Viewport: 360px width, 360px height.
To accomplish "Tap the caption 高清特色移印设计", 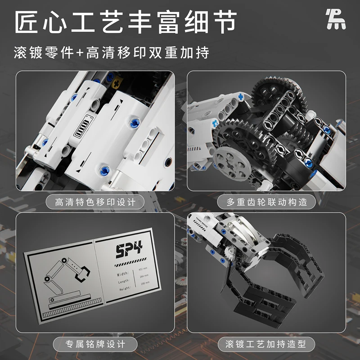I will [95, 202].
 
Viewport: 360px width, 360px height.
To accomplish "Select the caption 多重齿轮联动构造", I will [265, 202].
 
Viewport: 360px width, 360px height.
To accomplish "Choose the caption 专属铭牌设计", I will [95, 345].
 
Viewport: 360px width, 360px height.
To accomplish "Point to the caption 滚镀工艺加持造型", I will [265, 345].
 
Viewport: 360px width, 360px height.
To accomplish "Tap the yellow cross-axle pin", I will [118, 84].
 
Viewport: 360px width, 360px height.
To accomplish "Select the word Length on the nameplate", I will [112, 281].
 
